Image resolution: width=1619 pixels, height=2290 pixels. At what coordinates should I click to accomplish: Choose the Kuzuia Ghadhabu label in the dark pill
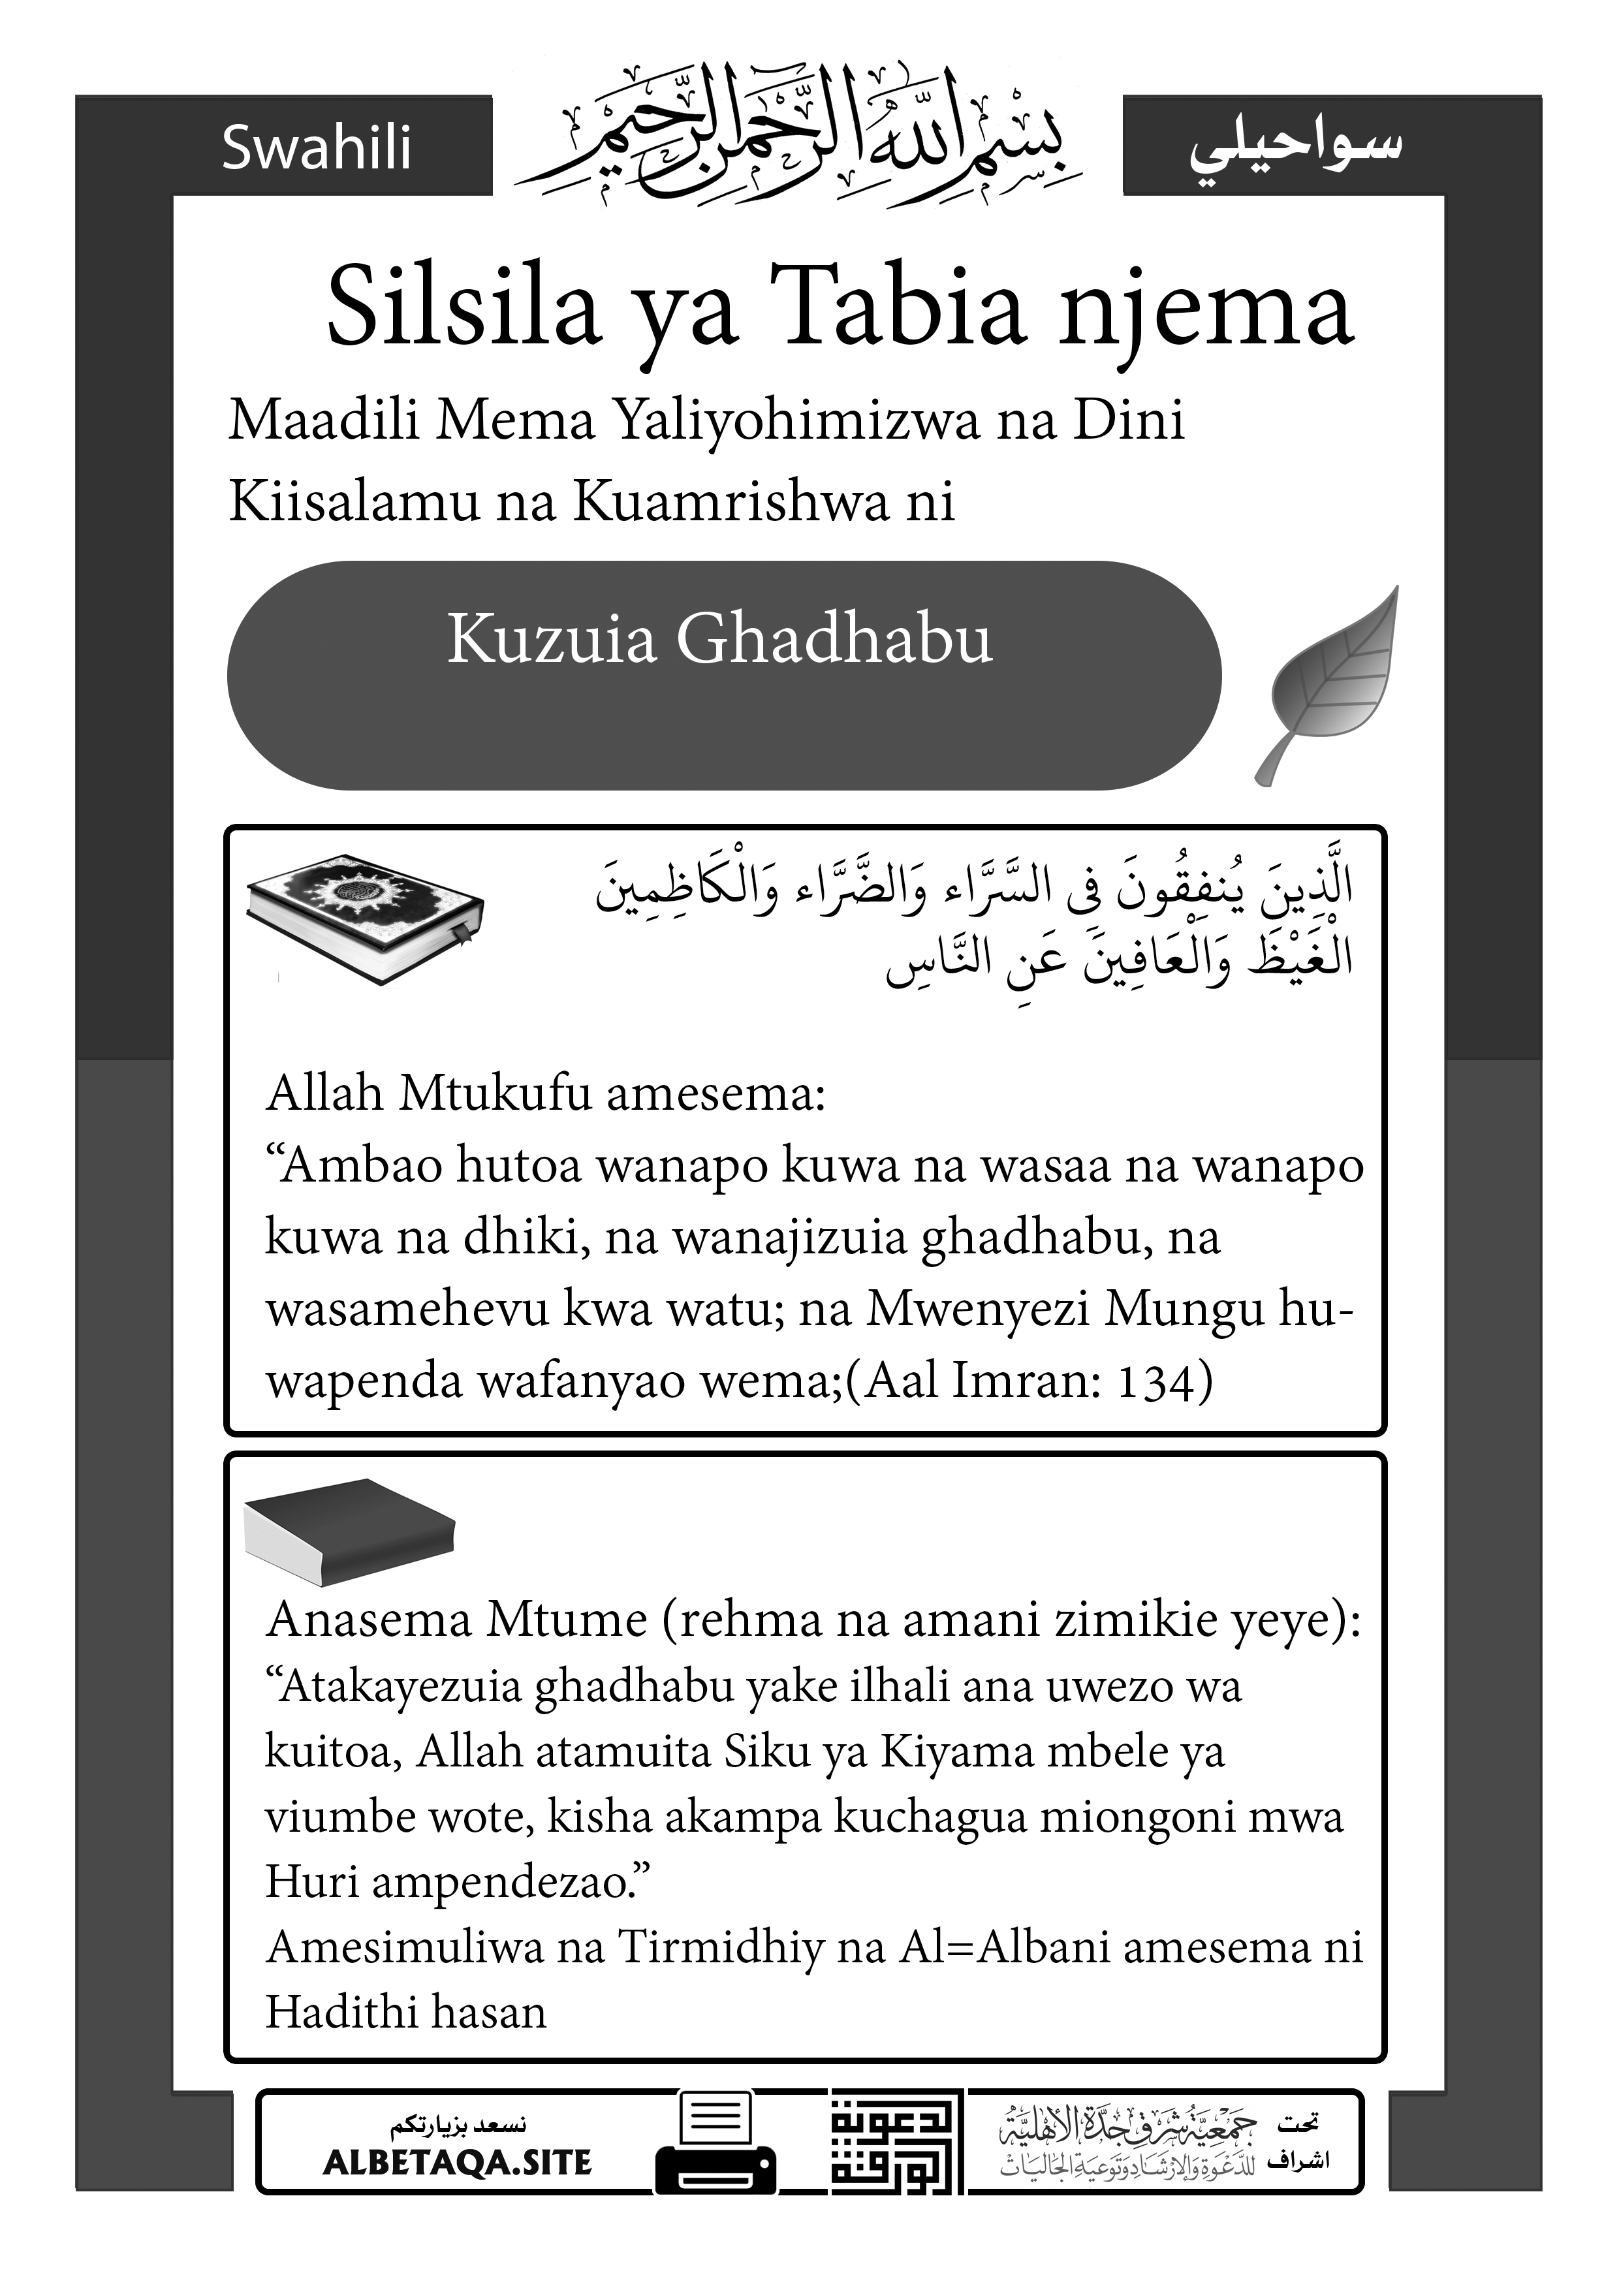coord(719,639)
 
